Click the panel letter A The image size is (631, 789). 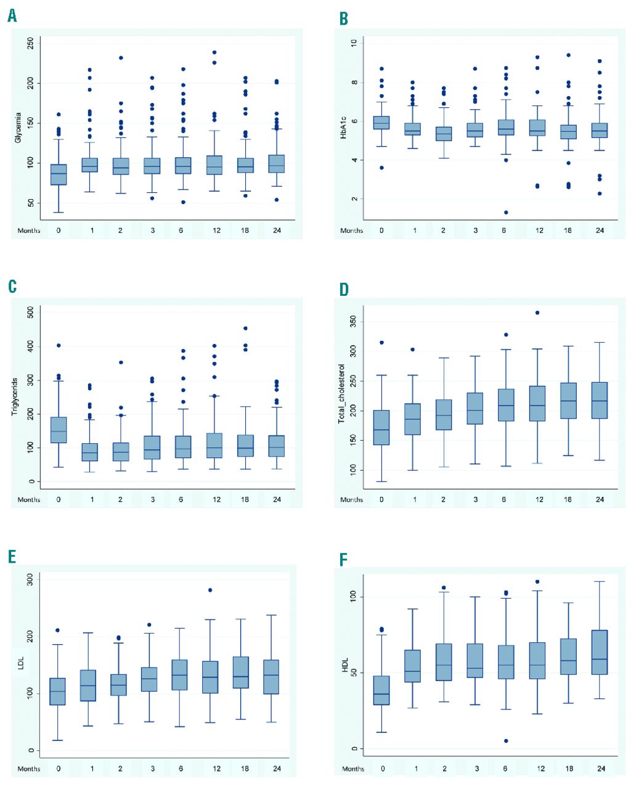pos(12,16)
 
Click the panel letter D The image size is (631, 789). pos(344,289)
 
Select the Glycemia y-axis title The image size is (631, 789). pos(18,128)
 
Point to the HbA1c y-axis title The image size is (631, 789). pos(344,126)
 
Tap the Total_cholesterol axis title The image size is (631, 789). pos(341,393)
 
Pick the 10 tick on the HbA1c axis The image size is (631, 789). pos(354,43)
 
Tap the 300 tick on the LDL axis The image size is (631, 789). pos(28,579)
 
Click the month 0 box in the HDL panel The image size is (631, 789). pos(382,690)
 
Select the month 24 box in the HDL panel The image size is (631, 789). pos(600,652)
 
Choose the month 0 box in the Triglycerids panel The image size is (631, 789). pos(59,430)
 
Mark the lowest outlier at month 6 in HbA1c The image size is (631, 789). pos(506,212)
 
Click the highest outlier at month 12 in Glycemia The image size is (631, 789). pos(214,52)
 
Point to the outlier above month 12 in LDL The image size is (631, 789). pos(210,590)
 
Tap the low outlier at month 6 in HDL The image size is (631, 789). pos(506,740)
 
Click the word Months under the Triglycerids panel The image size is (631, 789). pos(29,499)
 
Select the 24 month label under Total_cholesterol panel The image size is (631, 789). pos(600,499)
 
